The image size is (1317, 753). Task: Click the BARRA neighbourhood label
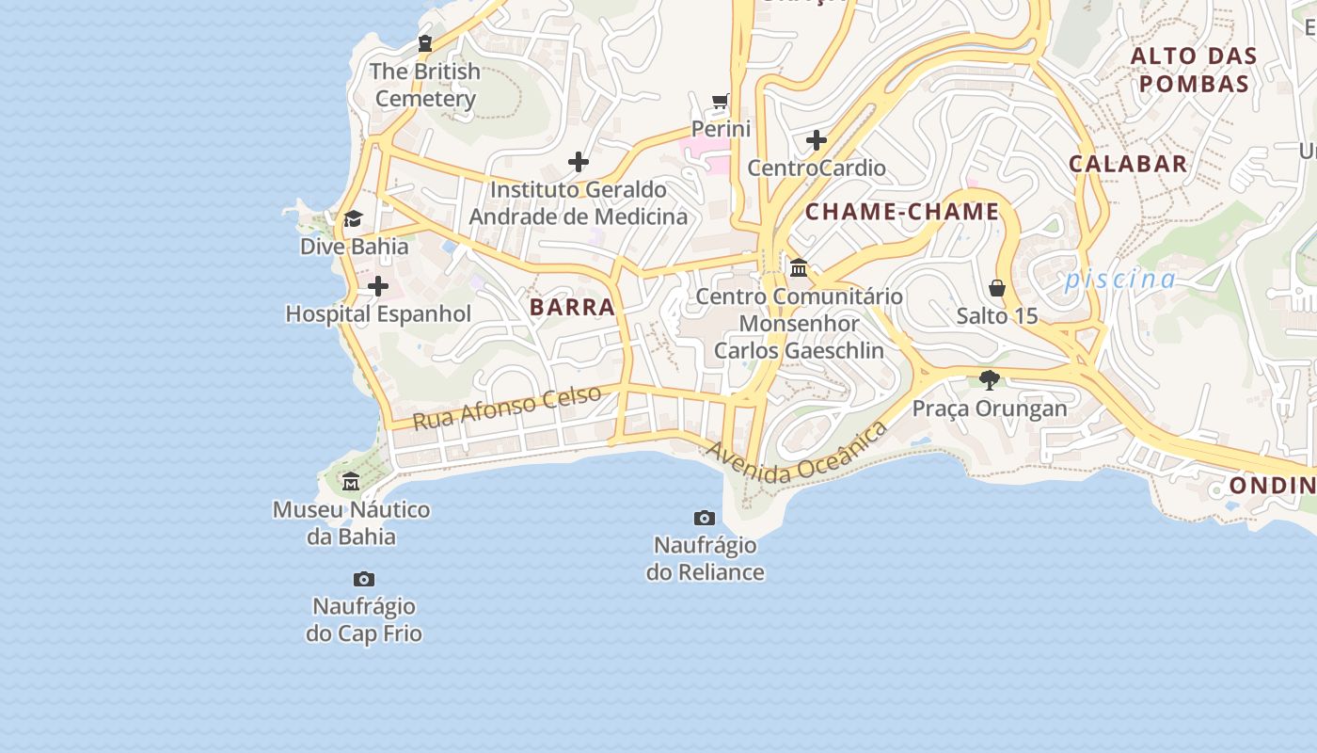point(572,307)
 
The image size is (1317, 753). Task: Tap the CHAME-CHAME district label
point(902,212)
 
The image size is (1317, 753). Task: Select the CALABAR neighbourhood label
point(1128,164)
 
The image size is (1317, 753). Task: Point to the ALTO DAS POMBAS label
point(1193,70)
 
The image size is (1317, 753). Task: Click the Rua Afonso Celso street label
point(507,408)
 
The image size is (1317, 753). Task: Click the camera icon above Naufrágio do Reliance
point(705,518)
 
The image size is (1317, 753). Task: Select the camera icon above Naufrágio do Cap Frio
point(364,579)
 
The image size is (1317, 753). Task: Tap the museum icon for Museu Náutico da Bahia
point(351,482)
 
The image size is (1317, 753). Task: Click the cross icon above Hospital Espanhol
point(378,286)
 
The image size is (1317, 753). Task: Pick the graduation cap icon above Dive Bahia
point(353,219)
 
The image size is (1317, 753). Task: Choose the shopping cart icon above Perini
point(721,101)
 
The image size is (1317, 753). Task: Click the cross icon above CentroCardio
point(817,140)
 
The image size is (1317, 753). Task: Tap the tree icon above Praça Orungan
point(989,380)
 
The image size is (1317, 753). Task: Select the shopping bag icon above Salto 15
point(997,288)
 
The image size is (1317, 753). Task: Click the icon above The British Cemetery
point(425,43)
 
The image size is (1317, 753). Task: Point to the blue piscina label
point(1120,280)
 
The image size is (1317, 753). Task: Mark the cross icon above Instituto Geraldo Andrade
point(579,162)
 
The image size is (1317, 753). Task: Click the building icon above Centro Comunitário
point(799,268)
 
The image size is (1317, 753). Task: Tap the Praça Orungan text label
point(990,409)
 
